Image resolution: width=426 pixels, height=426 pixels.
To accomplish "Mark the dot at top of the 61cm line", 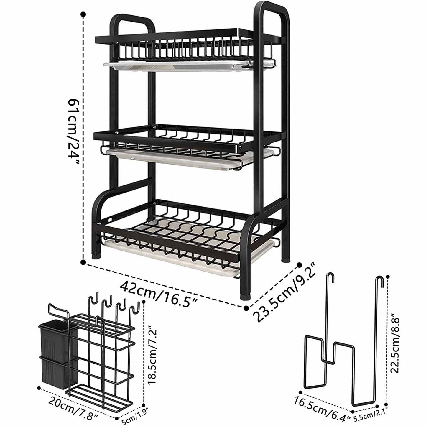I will (x=84, y=14).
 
